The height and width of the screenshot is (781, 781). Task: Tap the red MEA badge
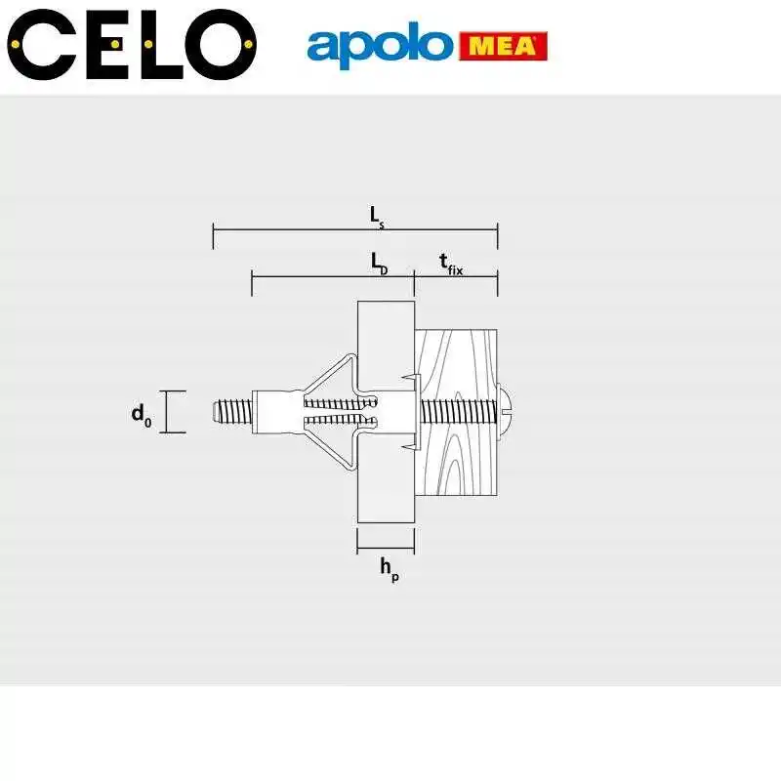point(503,46)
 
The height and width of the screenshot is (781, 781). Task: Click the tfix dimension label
point(449,264)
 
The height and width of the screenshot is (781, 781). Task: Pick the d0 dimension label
point(142,414)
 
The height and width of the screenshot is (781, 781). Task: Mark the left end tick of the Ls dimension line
point(214,235)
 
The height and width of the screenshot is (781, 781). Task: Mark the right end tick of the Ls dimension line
point(498,235)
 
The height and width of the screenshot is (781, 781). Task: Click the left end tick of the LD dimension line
point(252,283)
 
